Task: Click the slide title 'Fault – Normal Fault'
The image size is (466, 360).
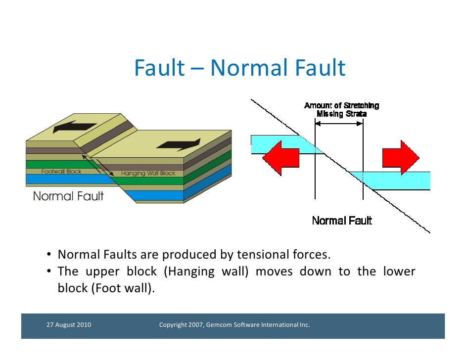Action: (x=239, y=68)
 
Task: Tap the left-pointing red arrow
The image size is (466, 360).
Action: (x=280, y=157)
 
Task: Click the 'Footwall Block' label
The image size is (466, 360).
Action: (x=61, y=172)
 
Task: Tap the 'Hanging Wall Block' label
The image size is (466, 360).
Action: (x=148, y=174)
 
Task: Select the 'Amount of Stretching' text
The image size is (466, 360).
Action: (x=342, y=105)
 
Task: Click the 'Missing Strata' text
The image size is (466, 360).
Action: (x=342, y=114)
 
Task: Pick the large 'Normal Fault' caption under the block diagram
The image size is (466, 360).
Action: (x=68, y=196)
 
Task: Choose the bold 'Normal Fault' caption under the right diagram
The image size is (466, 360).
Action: (x=342, y=221)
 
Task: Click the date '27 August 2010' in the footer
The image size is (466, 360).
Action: (x=68, y=325)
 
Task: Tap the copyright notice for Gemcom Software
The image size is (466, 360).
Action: (x=234, y=325)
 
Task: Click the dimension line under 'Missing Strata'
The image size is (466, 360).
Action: (x=339, y=123)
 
